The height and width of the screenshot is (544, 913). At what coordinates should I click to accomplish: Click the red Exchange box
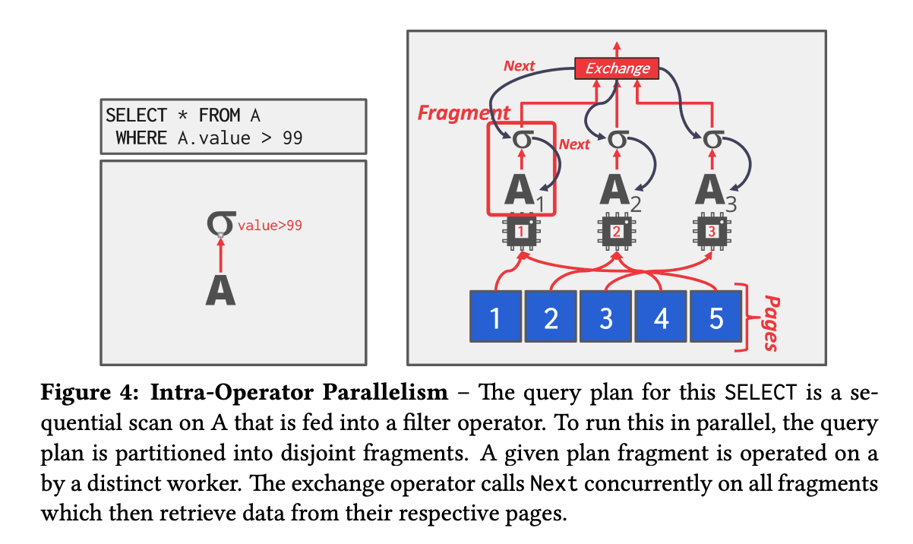(x=617, y=68)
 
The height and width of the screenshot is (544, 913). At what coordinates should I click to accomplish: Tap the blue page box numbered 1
(x=496, y=317)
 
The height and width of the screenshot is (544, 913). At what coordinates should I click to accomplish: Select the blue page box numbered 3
(x=605, y=317)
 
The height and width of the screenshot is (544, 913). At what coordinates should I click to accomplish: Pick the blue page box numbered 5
(x=716, y=317)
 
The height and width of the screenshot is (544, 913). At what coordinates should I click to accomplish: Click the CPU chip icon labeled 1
(x=521, y=232)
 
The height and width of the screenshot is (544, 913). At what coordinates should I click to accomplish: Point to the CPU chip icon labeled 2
(x=617, y=232)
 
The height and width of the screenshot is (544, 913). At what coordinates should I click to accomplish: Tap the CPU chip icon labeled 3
(x=712, y=232)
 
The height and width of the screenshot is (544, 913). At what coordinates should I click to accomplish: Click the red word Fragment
(x=464, y=112)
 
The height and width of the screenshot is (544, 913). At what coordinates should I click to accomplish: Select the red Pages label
(x=772, y=323)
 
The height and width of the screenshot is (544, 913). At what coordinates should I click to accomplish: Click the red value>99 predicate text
(x=270, y=226)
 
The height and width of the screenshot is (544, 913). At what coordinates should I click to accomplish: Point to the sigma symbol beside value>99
(x=221, y=223)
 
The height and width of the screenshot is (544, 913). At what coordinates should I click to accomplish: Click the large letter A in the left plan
(x=220, y=290)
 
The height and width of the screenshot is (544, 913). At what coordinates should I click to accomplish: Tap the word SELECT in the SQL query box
(x=136, y=115)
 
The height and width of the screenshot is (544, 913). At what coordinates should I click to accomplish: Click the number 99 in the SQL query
(x=292, y=138)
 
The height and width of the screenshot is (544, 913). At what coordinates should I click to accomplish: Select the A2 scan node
(x=621, y=191)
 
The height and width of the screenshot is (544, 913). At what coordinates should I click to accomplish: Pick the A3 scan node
(x=716, y=191)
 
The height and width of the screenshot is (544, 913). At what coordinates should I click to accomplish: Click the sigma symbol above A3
(x=713, y=140)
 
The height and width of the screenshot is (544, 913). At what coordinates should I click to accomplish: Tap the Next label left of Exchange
(x=519, y=66)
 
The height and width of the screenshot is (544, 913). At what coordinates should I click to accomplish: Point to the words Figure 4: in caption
(x=90, y=393)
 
